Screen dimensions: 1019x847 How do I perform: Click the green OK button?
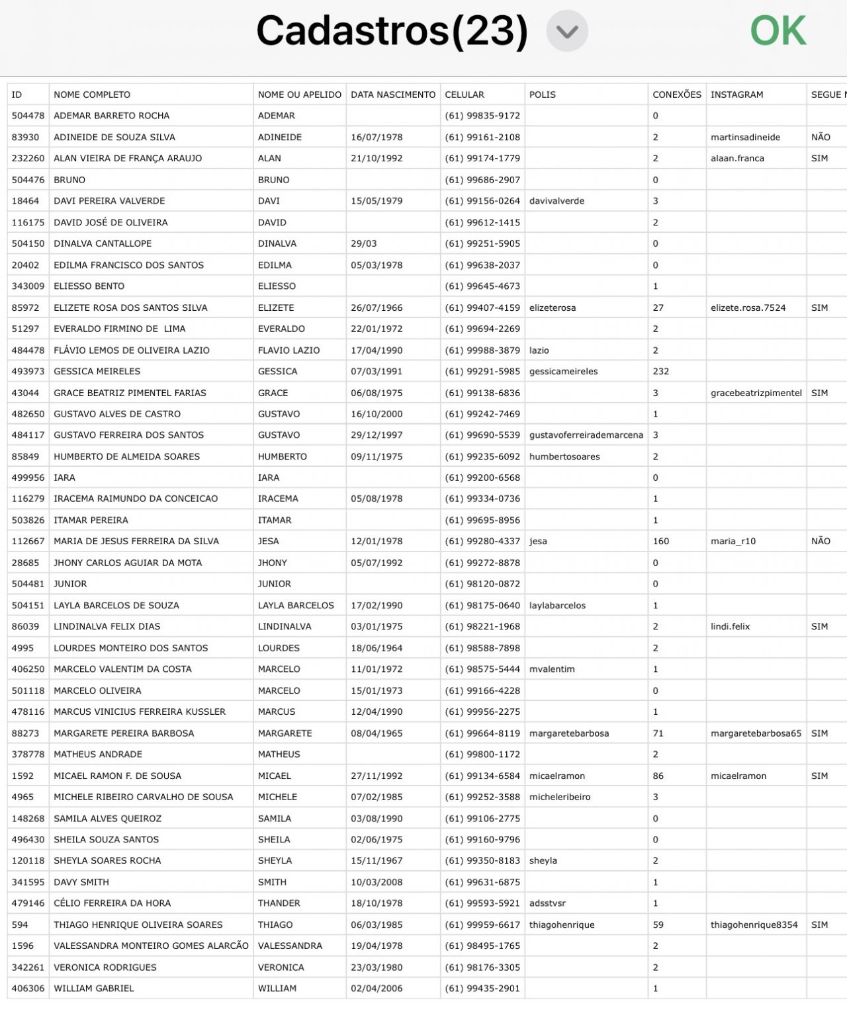point(778,31)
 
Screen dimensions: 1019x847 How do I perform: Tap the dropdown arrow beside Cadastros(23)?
point(567,31)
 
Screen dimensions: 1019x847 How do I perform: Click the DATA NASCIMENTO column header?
point(393,95)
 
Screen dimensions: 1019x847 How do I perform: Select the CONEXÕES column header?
point(676,95)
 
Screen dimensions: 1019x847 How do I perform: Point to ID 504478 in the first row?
point(28,116)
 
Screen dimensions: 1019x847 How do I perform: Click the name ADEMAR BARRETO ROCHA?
point(111,116)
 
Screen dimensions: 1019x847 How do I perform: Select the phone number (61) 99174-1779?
point(482,158)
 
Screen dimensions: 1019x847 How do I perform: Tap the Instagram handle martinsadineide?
point(745,137)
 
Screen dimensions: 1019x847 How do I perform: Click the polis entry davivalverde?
point(557,201)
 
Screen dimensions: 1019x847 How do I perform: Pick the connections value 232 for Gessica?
point(660,371)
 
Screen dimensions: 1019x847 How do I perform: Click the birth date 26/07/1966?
point(377,307)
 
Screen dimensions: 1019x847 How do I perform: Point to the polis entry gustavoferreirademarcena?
point(586,435)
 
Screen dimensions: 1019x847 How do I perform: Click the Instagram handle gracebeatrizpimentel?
point(756,393)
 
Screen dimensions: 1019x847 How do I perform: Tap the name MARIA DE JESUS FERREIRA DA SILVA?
point(136,541)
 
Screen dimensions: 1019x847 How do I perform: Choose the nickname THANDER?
point(279,903)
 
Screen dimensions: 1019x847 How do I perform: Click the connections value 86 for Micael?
point(658,776)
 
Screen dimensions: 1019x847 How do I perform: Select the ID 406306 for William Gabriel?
point(28,988)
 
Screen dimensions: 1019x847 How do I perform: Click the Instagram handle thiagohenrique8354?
point(754,924)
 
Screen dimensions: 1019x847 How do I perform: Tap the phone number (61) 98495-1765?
point(482,946)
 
